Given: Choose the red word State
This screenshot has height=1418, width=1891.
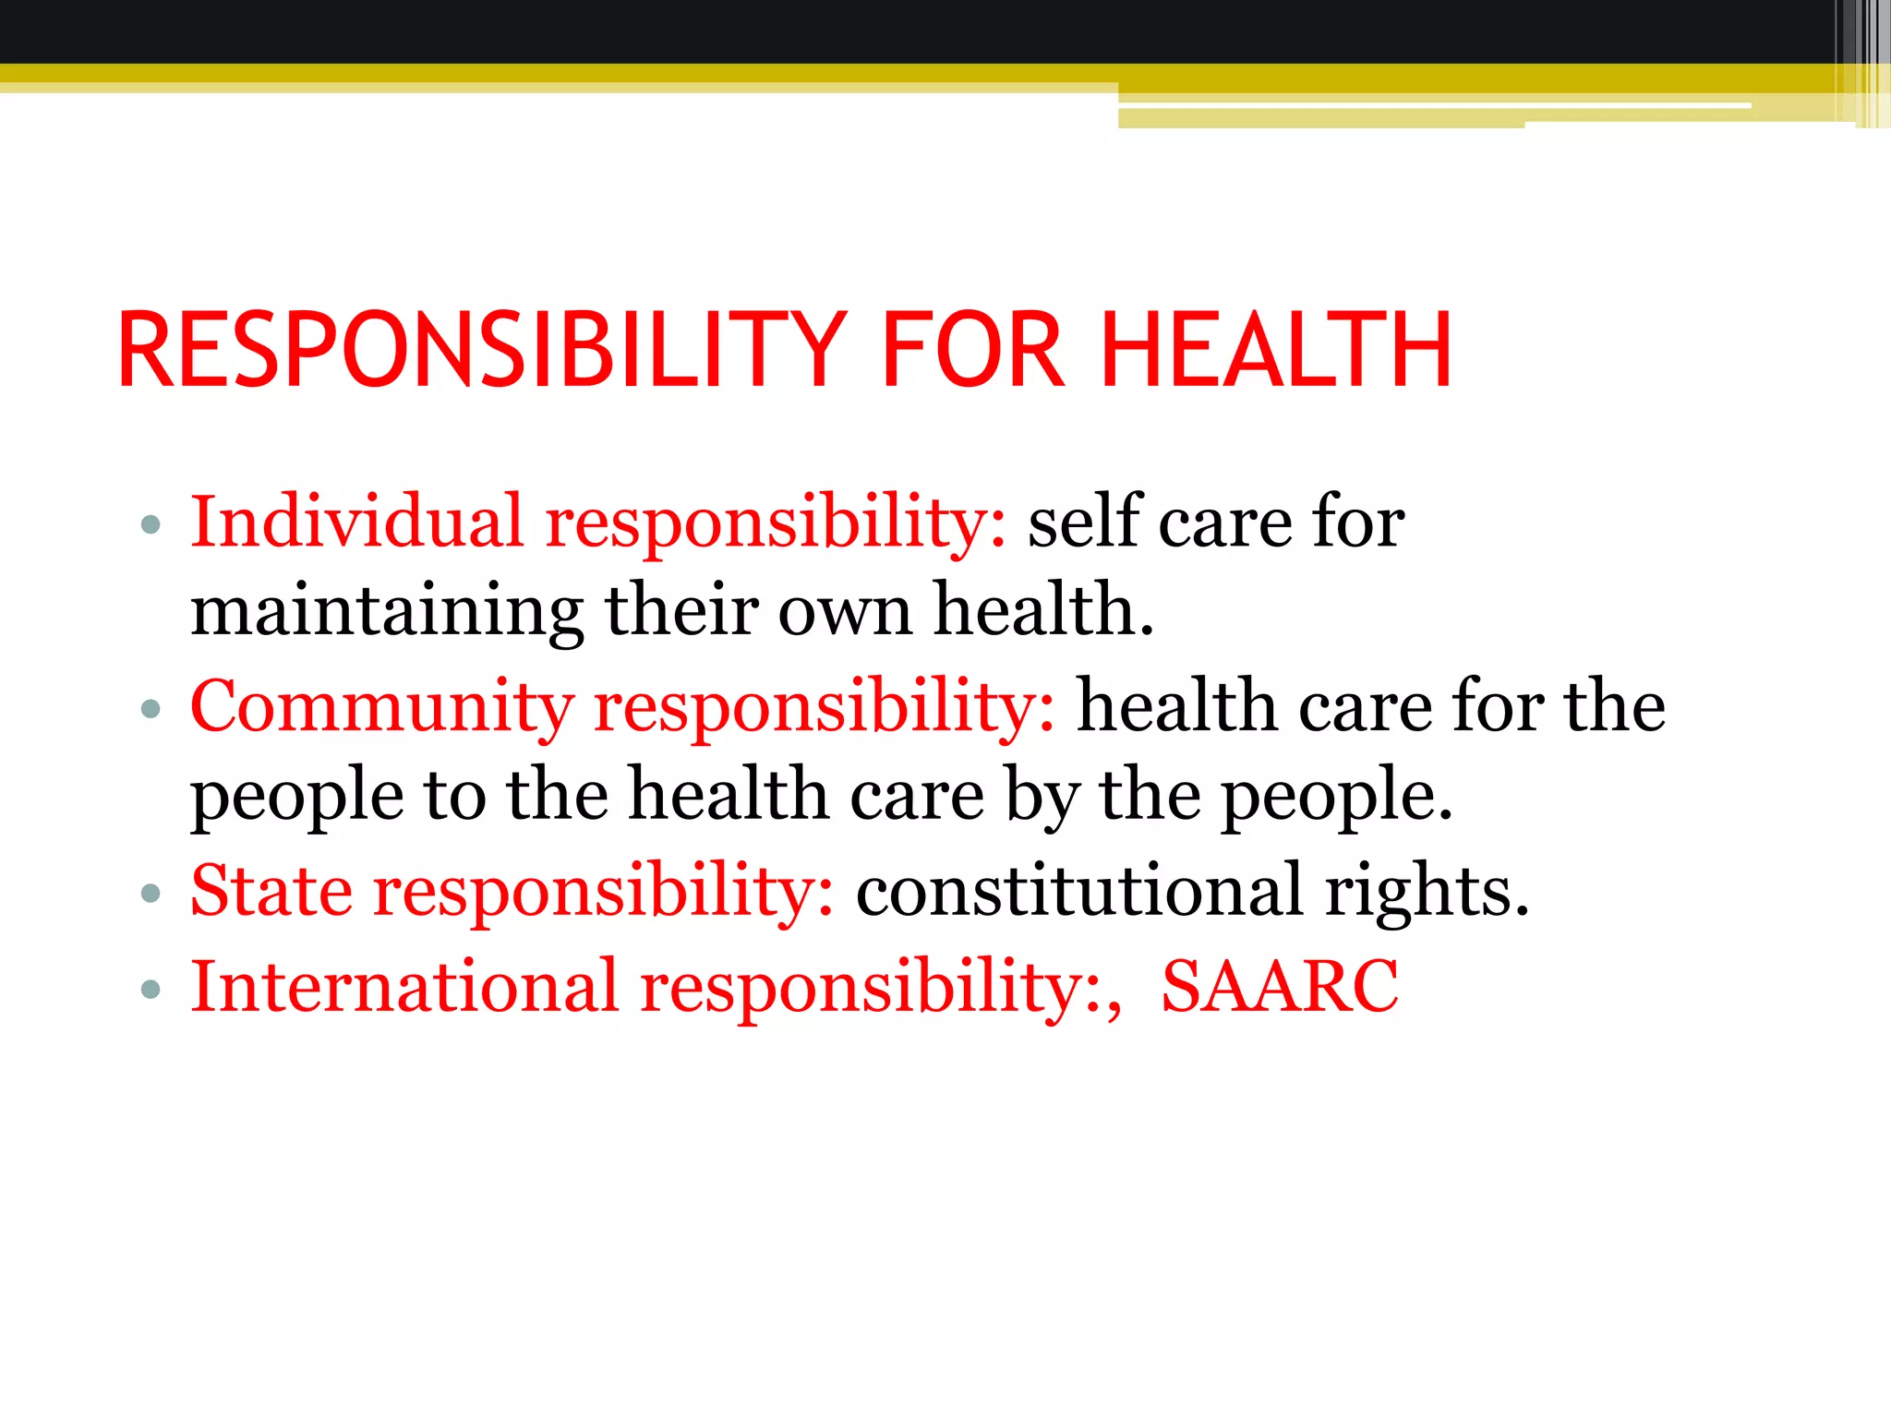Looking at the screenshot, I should pos(271,890).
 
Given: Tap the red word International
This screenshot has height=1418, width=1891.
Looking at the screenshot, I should pos(403,986).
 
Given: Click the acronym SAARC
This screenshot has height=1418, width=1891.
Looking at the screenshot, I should pos(1280,986).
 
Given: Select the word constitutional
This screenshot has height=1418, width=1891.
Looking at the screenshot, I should pos(1079,890).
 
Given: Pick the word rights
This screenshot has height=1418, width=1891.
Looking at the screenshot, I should pos(1427,892).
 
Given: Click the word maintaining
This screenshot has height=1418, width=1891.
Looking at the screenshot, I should pos(387,611).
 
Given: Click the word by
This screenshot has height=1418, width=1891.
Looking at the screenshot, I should pos(1042,796).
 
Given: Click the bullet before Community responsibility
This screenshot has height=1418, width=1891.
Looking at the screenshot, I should pos(151,710).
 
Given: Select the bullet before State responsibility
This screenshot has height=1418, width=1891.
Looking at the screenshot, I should pos(151,894).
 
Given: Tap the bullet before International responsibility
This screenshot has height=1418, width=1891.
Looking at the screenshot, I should pos(151,991).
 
